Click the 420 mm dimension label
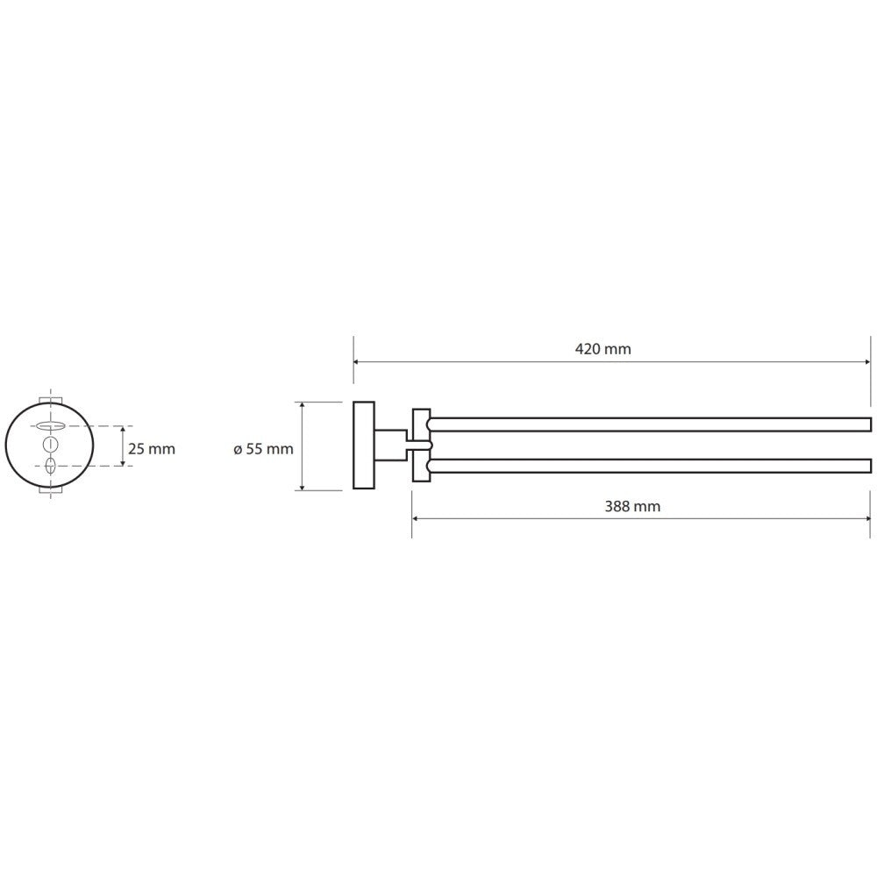[x=603, y=349]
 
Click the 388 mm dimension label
[x=632, y=506]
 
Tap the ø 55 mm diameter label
[x=263, y=448]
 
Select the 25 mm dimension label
[x=152, y=448]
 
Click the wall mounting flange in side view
[x=364, y=446]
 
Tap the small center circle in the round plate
[x=50, y=446]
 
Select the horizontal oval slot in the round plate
[x=50, y=426]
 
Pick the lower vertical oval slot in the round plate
[x=50, y=466]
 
